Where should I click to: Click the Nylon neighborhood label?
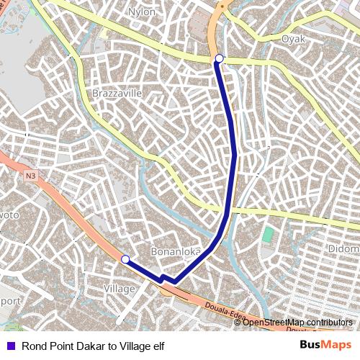click(141, 12)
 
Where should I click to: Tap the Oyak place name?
click(293, 39)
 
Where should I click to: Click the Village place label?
click(120, 289)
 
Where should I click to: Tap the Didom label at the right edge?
click(344, 248)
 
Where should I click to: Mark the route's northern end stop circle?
click(219, 58)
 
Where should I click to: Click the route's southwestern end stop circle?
click(125, 259)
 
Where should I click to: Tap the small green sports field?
click(268, 235)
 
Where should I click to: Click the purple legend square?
click(9, 346)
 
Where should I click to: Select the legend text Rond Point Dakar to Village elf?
click(93, 346)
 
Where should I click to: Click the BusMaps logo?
click(325, 345)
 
